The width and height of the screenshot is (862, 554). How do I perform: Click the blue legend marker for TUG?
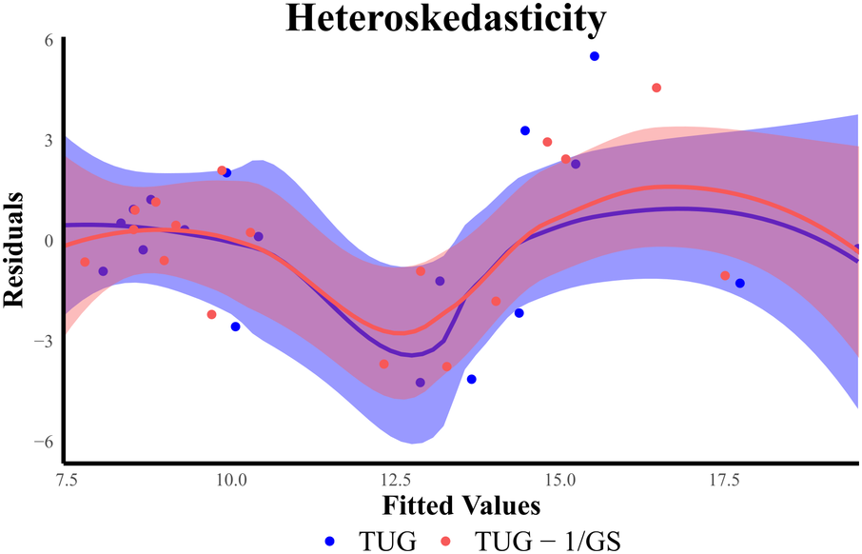pos(329,540)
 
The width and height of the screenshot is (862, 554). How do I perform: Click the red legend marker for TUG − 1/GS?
pos(445,540)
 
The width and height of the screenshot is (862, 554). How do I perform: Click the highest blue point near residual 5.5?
pos(595,56)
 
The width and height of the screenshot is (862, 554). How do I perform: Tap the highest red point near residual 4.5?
pos(656,88)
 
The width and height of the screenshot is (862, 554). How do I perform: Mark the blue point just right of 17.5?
pos(739,284)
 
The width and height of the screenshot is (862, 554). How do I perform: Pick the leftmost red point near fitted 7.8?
pos(85,262)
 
